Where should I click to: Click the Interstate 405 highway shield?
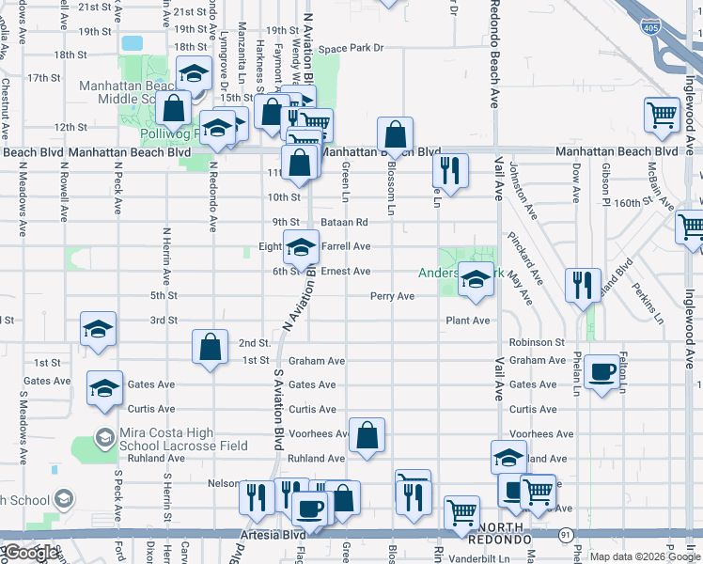pyautogui.click(x=650, y=28)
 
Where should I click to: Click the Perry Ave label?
pyautogui.click(x=392, y=296)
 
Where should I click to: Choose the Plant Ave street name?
pyautogui.click(x=467, y=321)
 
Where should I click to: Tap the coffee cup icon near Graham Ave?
pyautogui.click(x=601, y=371)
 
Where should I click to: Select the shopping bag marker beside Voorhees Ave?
pyautogui.click(x=367, y=434)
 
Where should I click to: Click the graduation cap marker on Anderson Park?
pyautogui.click(x=476, y=279)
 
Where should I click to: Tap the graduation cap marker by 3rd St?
pyautogui.click(x=98, y=328)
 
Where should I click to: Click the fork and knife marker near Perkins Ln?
pyautogui.click(x=583, y=283)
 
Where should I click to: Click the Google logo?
pyautogui.click(x=31, y=553)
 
